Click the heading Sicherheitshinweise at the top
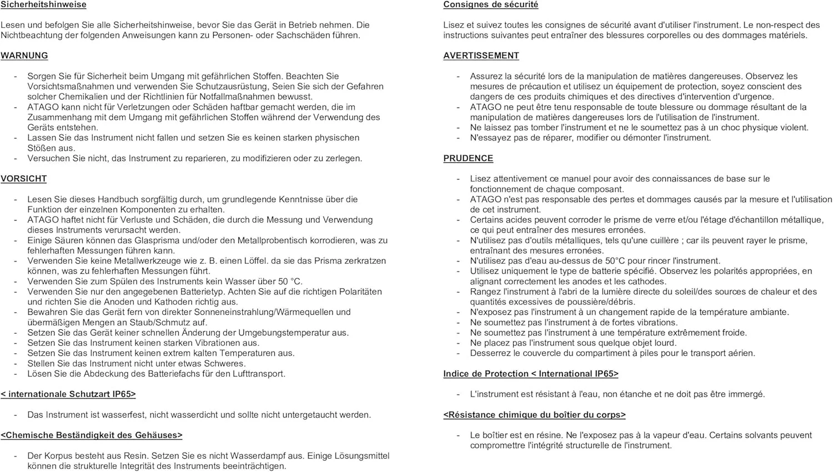[43, 4]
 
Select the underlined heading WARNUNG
[24, 56]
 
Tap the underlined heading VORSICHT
[24, 179]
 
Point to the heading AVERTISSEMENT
[481, 56]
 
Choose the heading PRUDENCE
[468, 158]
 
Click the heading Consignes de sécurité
[490, 4]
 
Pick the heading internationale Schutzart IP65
[68, 394]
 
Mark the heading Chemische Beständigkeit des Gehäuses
[92, 435]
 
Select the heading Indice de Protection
[530, 374]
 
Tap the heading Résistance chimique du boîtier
[534, 415]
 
